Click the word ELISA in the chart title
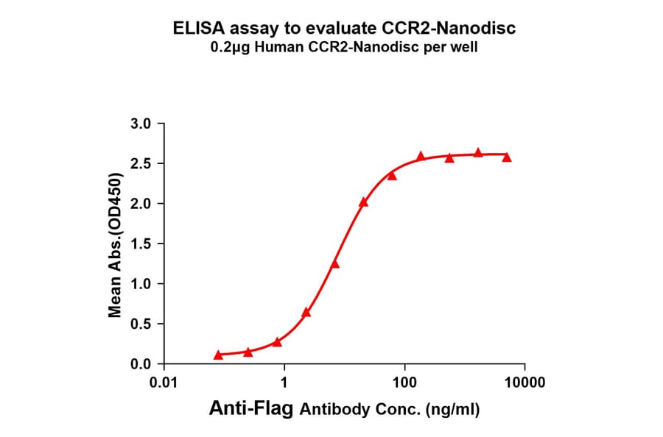(x=194, y=29)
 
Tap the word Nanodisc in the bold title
(x=480, y=29)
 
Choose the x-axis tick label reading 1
(x=284, y=383)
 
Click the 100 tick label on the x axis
(x=404, y=383)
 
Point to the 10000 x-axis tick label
(x=524, y=383)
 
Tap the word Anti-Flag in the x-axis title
(x=252, y=409)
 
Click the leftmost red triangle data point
(x=218, y=355)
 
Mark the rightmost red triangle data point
(x=507, y=157)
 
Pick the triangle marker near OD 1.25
(x=335, y=263)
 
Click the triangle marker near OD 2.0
(x=363, y=202)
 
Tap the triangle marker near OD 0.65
(x=306, y=312)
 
